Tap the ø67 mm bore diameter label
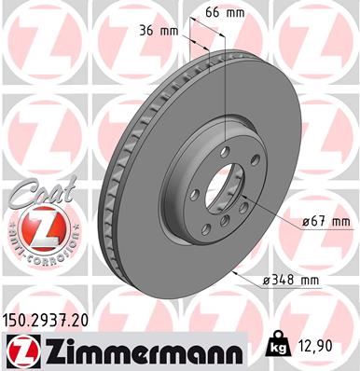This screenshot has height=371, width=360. pos(326,221)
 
